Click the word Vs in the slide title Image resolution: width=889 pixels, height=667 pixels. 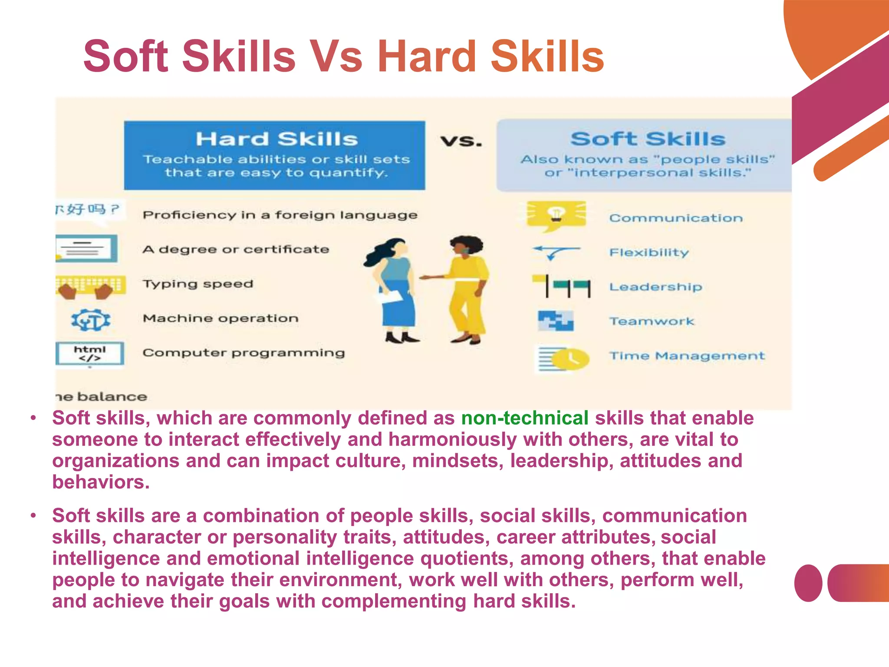[336, 56]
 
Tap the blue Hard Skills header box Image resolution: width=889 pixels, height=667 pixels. [274, 155]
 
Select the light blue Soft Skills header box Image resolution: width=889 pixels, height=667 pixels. [647, 155]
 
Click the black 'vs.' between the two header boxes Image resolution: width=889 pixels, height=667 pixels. [461, 141]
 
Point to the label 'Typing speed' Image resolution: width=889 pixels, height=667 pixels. [198, 284]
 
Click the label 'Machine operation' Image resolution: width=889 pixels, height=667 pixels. [221, 318]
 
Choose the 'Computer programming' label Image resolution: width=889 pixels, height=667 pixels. [244, 353]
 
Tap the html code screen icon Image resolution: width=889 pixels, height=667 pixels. [90, 353]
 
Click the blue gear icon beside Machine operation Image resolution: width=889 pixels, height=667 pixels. [91, 320]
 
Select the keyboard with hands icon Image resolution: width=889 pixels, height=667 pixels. [90, 287]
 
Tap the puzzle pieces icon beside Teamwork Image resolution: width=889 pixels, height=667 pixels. [556, 321]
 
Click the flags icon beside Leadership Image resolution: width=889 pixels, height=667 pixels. [562, 286]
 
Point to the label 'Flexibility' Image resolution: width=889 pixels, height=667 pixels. [649, 252]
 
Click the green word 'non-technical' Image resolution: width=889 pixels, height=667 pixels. [524, 418]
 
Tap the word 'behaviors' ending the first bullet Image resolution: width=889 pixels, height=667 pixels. [100, 482]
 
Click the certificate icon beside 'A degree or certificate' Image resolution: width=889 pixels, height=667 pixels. [87, 249]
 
